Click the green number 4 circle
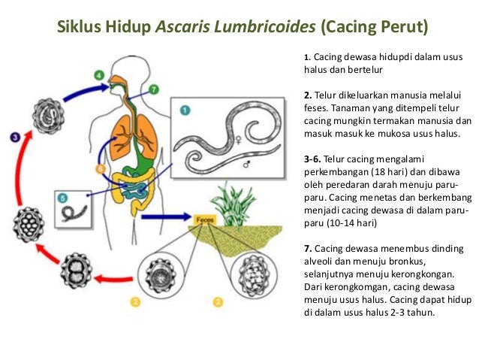(x=100, y=76)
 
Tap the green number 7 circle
(x=153, y=89)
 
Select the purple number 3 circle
(x=15, y=138)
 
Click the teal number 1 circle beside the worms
(x=184, y=111)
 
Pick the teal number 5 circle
(x=64, y=198)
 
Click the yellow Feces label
(x=204, y=219)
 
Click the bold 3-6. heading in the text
(x=314, y=160)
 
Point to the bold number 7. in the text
(x=308, y=249)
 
